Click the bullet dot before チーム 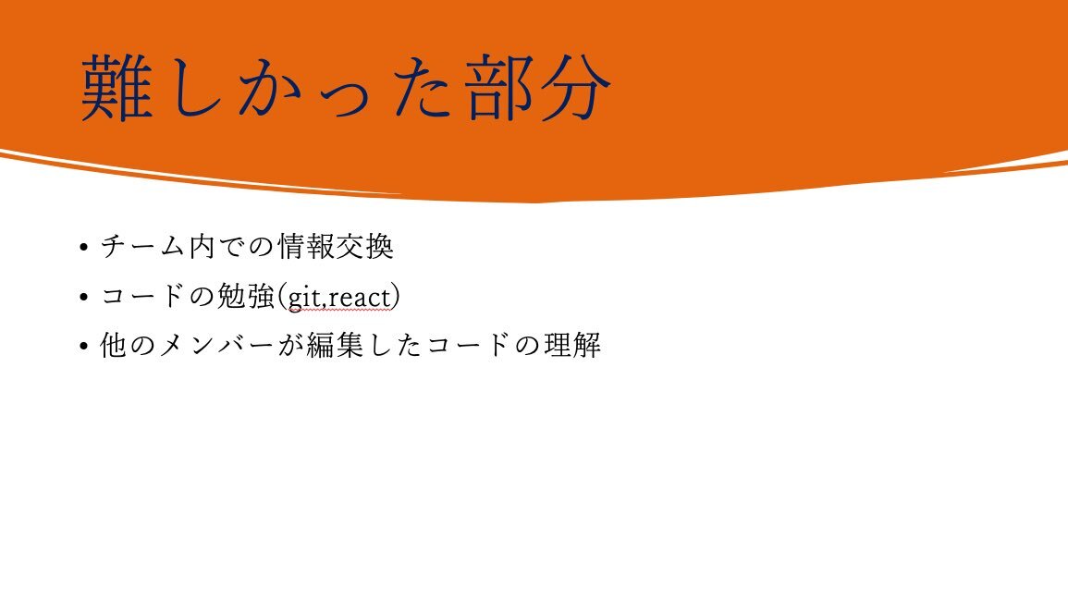84,247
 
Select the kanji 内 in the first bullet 203,246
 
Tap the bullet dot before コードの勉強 84,296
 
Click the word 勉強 247,296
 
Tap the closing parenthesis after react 396,297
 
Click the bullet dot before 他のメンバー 84,346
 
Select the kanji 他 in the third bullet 113,345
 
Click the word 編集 335,345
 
